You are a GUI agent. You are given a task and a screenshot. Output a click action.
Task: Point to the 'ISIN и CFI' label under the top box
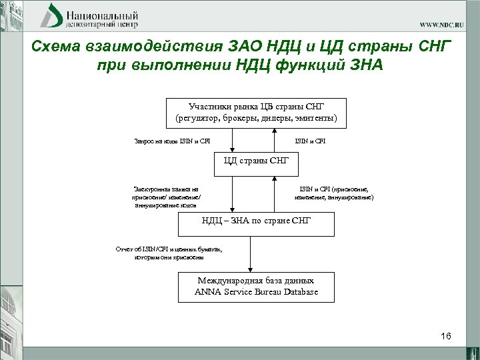point(310,141)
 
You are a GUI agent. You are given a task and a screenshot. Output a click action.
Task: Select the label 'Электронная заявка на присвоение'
point(166,198)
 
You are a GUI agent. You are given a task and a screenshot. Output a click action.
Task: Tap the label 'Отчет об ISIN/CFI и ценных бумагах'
point(170,253)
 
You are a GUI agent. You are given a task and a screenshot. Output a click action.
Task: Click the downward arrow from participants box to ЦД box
point(232,140)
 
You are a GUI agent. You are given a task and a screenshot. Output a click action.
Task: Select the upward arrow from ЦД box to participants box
point(274,140)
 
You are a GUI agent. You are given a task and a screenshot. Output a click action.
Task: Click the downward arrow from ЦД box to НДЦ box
point(232,195)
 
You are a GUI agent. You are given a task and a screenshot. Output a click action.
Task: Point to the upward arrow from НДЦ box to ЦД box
point(274,195)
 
